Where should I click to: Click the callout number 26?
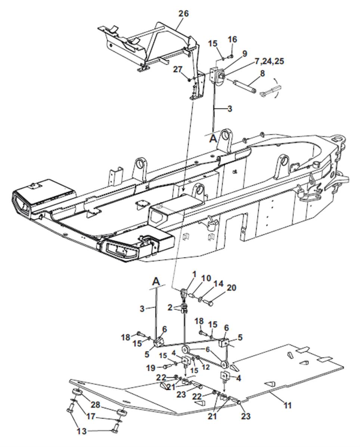pyautogui.click(x=183, y=14)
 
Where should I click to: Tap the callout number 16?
pyautogui.click(x=232, y=40)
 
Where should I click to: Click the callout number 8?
pyautogui.click(x=262, y=74)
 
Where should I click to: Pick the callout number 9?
pyautogui.click(x=244, y=54)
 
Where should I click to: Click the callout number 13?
pyautogui.click(x=82, y=431)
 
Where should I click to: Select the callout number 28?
pyautogui.click(x=95, y=405)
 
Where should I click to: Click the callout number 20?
pyautogui.click(x=231, y=288)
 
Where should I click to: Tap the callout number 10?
pyautogui.click(x=206, y=279)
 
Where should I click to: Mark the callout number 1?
pyautogui.click(x=193, y=274)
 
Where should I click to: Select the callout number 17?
pyautogui.click(x=90, y=416)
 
